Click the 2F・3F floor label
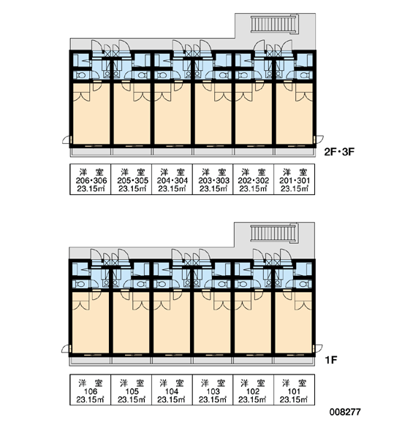[x=339, y=152]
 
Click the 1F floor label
[x=330, y=360]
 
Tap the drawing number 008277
[x=345, y=412]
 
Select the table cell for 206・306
[x=91, y=179]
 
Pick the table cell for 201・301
[x=295, y=179]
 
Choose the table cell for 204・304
[x=172, y=179]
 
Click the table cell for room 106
[x=91, y=390]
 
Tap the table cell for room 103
[x=213, y=390]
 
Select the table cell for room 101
[x=295, y=390]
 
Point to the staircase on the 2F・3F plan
[x=273, y=24]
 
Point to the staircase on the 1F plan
[x=273, y=234]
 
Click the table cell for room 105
[x=132, y=390]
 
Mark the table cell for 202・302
[x=254, y=179]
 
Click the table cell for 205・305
[x=132, y=179]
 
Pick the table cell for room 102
[x=254, y=390]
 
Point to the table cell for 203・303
[x=213, y=179]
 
